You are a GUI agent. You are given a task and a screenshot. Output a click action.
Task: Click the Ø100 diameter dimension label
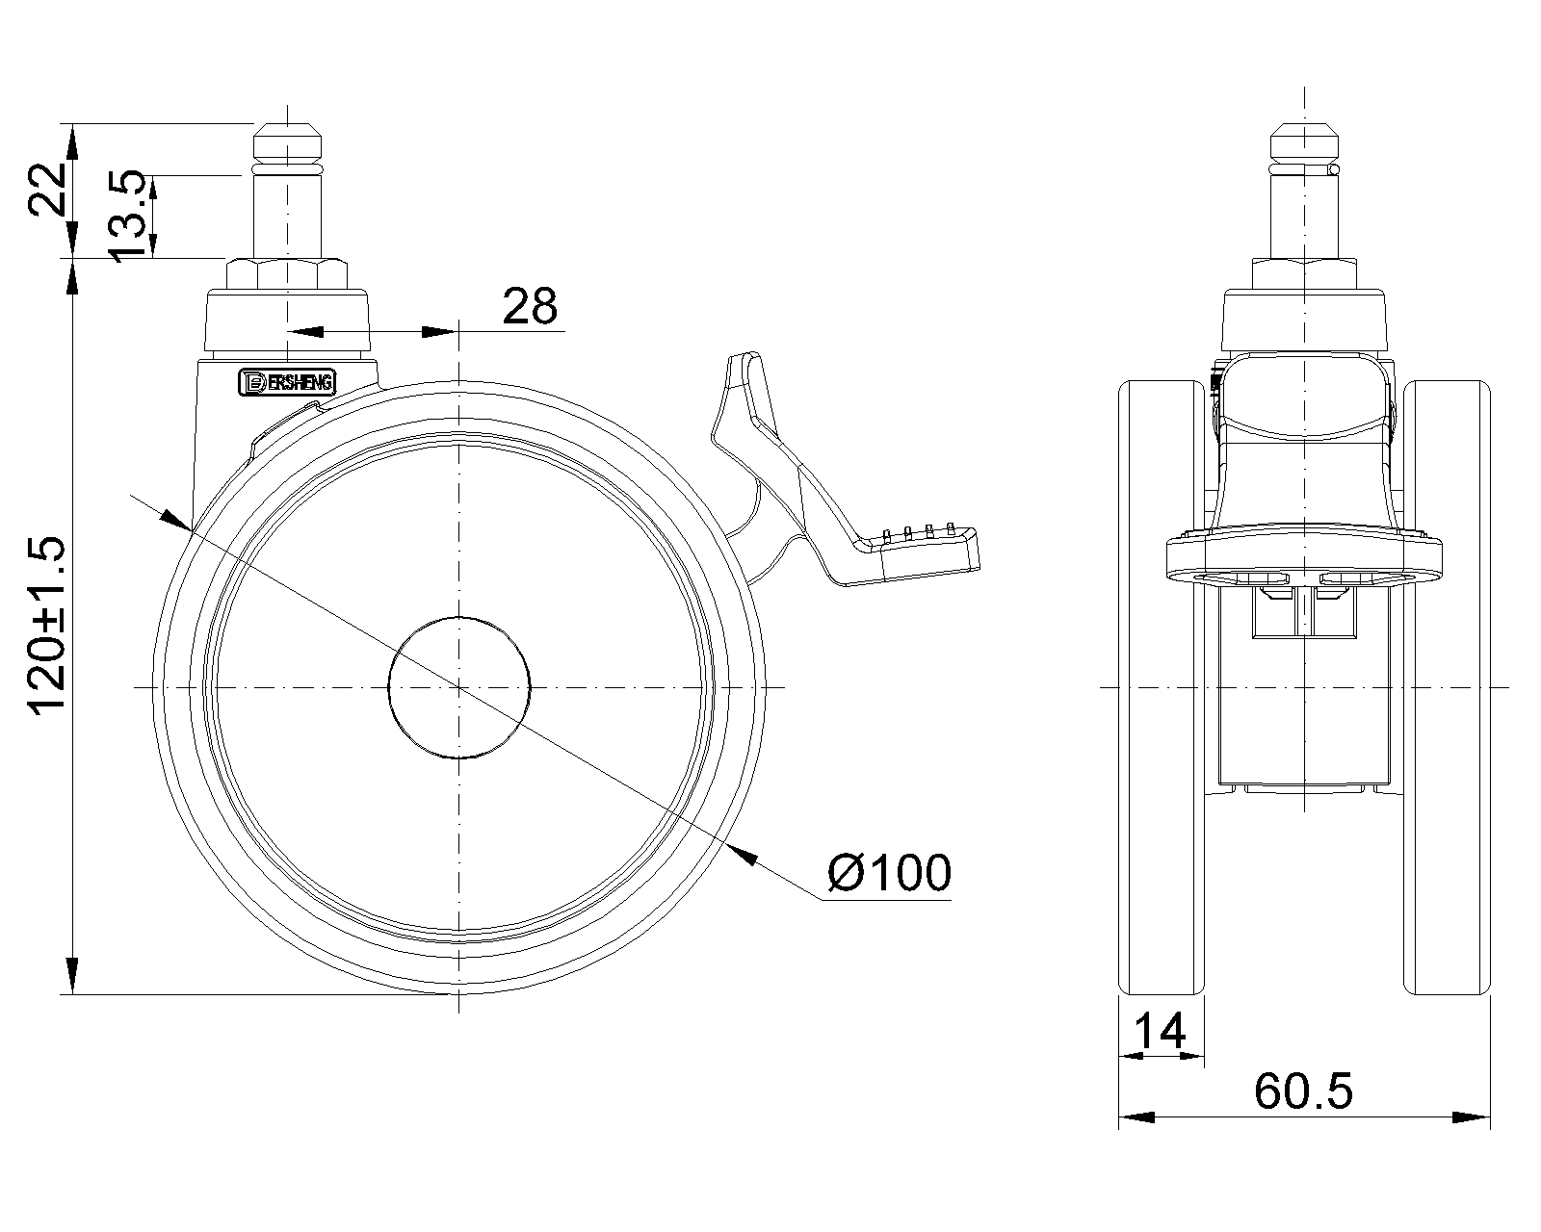pyautogui.click(x=889, y=873)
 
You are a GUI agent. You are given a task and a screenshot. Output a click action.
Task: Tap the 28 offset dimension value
pyautogui.click(x=529, y=306)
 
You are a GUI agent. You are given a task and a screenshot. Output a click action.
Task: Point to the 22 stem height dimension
pyautogui.click(x=47, y=189)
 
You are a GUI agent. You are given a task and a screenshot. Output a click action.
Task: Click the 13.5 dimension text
pyautogui.click(x=127, y=217)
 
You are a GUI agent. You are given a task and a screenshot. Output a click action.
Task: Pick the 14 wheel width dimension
pyautogui.click(x=1160, y=1031)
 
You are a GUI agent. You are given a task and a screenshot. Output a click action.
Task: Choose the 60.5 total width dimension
pyautogui.click(x=1303, y=1091)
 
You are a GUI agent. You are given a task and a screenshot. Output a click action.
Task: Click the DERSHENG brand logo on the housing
pyautogui.click(x=287, y=382)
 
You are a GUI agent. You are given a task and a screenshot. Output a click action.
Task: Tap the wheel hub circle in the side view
pyautogui.click(x=459, y=687)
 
